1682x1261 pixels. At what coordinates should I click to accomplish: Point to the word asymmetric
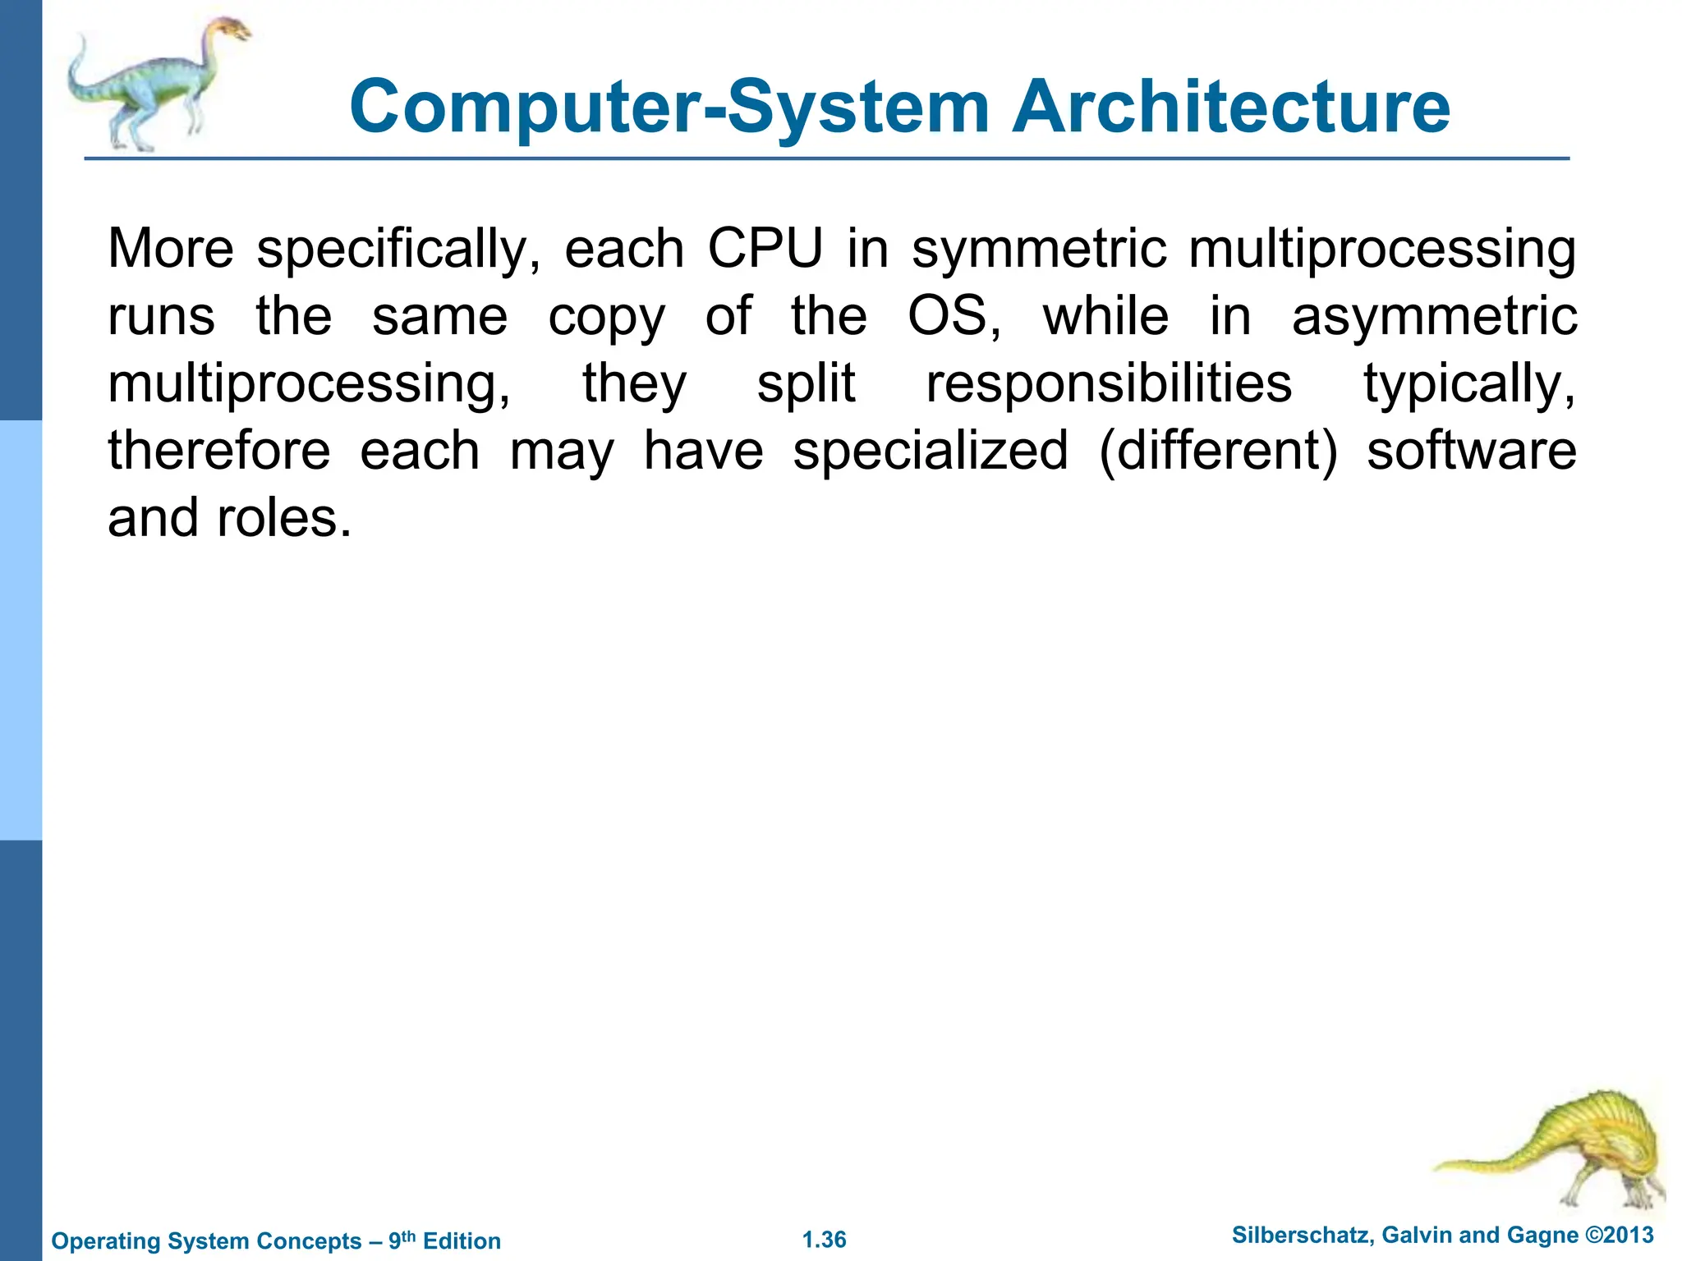pos(1434,317)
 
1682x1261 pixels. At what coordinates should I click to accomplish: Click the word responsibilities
pos(1109,384)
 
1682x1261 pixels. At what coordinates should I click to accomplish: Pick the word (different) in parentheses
pos(1218,451)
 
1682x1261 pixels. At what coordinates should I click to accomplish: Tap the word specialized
pos(931,451)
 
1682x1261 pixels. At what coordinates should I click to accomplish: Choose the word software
pos(1471,451)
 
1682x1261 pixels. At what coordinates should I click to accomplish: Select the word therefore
pos(219,451)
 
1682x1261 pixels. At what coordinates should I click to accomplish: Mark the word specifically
pos(398,250)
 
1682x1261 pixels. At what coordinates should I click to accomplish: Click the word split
pos(806,384)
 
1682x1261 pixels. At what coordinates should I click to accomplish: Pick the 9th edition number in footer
pos(402,1240)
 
